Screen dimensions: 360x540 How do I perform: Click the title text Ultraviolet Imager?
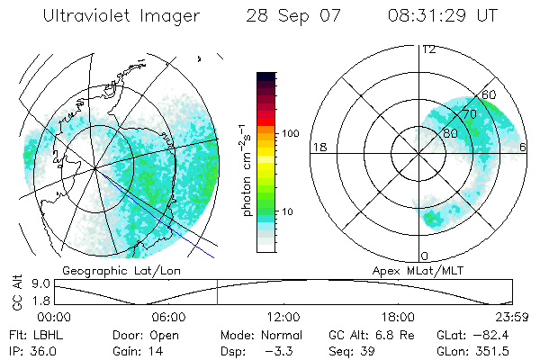point(113,16)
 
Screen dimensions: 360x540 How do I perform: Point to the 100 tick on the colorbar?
point(290,133)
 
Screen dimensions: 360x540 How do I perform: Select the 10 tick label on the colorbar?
point(288,212)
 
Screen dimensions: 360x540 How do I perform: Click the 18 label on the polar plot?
point(318,148)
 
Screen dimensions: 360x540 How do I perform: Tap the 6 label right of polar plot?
point(524,148)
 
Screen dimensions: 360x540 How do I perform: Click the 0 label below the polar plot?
point(424,256)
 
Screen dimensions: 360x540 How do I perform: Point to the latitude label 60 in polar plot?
point(490,94)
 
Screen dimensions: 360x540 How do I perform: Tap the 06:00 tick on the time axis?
point(168,318)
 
